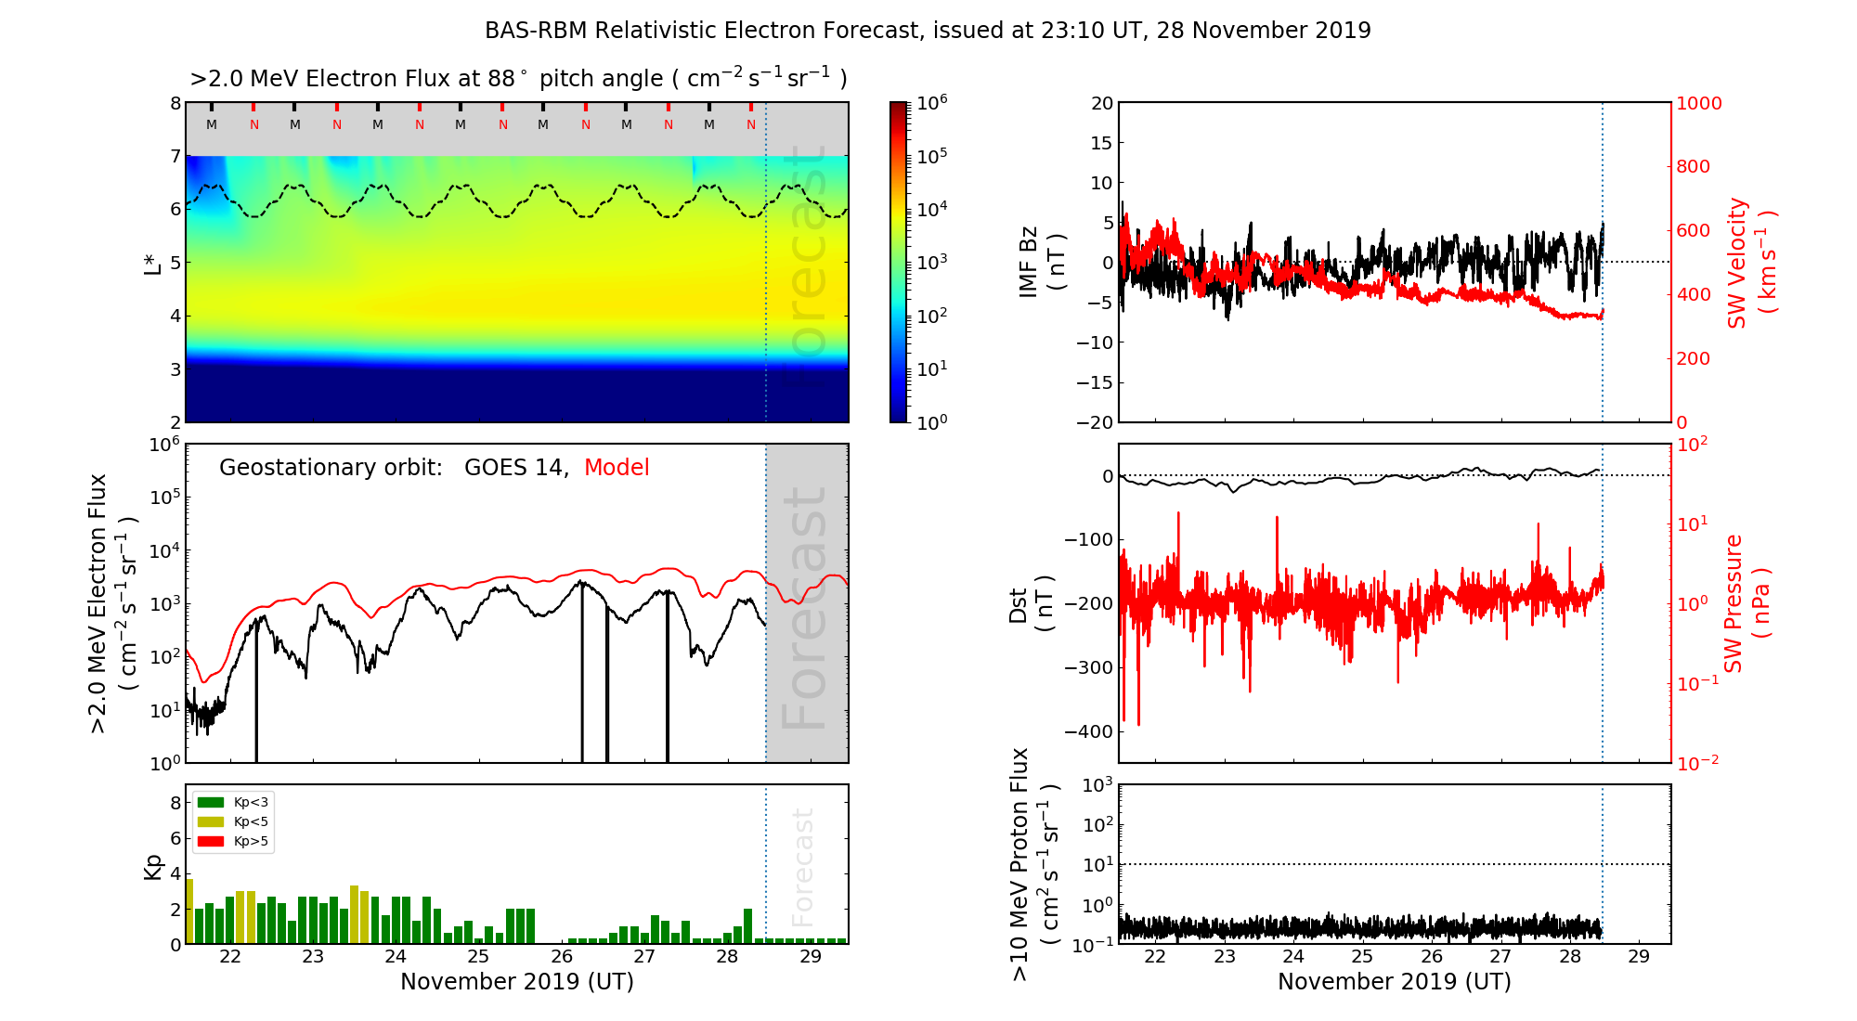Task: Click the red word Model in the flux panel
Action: (x=617, y=468)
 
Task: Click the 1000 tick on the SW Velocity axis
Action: (x=1698, y=103)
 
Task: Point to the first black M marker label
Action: (x=212, y=124)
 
